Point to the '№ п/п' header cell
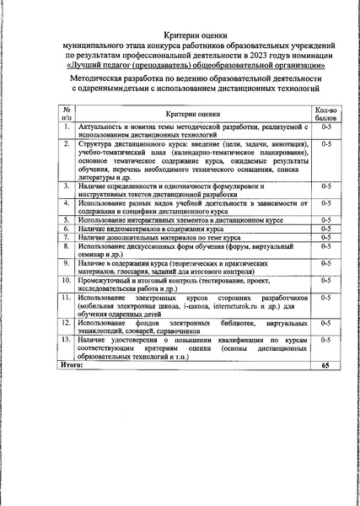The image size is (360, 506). pyautogui.click(x=64, y=114)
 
